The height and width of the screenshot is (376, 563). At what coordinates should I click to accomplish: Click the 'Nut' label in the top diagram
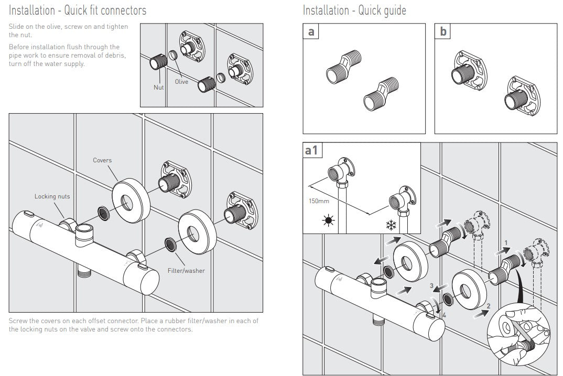159,87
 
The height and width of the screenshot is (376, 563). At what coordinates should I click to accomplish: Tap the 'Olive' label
181,82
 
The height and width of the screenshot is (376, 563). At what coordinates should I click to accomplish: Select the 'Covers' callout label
102,160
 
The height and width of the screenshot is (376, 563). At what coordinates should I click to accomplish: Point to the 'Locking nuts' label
52,196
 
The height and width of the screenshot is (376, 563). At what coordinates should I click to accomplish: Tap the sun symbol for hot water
329,220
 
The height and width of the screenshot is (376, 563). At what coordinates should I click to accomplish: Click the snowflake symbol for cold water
391,226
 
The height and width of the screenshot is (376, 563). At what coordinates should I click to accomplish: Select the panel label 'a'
311,31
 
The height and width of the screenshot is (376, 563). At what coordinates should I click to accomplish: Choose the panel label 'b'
443,31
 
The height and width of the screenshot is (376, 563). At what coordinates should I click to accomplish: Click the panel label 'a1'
312,150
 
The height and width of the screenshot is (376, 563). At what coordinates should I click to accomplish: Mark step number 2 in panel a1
489,306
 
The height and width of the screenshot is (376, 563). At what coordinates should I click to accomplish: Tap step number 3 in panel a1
431,286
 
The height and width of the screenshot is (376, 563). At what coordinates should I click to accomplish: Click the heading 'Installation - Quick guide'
354,10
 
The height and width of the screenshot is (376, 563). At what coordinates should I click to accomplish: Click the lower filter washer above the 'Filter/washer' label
170,243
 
